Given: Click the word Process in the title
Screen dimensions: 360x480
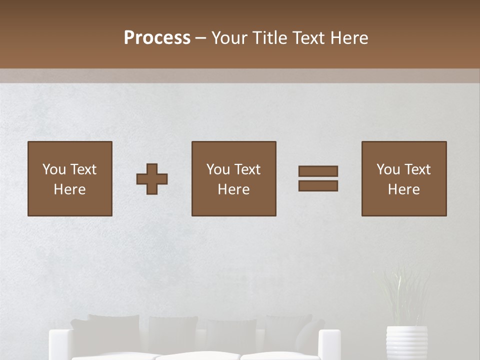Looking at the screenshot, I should coord(157,38).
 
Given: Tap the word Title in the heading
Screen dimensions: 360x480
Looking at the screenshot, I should coord(269,38).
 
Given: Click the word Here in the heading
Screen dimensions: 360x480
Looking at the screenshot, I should coord(349,38).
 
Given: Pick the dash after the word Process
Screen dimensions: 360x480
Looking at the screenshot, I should coord(201,38).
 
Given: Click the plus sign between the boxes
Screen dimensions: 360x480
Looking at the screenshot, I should coord(152,178).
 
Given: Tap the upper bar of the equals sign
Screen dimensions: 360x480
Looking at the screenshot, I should coord(318,171).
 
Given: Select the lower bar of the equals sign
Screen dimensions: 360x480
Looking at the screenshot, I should coord(318,185).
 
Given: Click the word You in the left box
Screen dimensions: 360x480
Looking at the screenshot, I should coord(54,169).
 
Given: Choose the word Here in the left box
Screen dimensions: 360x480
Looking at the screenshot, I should coord(69,189).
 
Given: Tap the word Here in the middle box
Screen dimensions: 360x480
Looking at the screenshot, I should coord(233,189).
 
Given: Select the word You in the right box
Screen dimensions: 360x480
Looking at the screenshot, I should coord(388,169).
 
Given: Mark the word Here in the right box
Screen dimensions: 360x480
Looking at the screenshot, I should coord(403,189).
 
